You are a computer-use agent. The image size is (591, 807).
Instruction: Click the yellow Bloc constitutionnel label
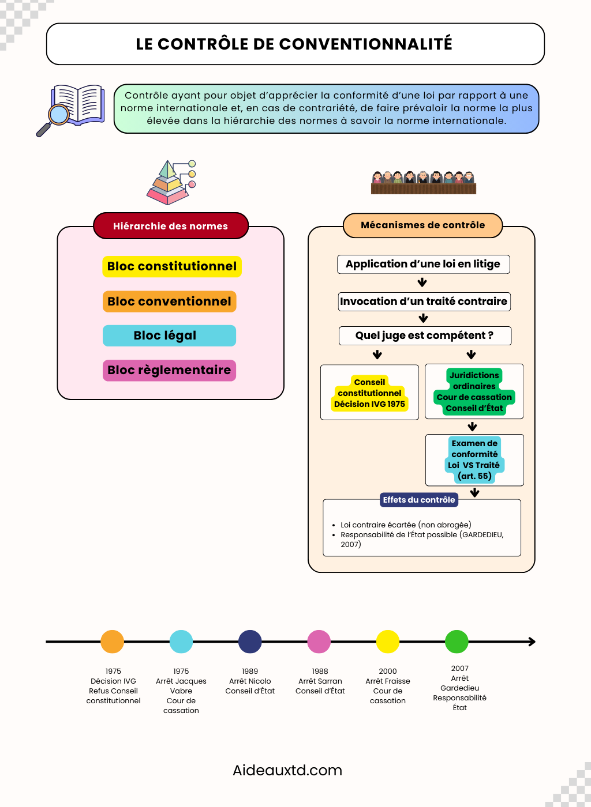coord(172,266)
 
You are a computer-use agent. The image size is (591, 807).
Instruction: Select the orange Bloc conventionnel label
coord(169,301)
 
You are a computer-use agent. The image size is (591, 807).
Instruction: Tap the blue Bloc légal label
coord(169,335)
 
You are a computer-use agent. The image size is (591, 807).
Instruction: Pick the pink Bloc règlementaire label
coord(169,370)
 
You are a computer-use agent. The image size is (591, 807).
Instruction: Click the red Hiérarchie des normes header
coord(170,226)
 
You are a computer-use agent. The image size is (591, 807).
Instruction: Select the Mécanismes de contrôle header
coord(422,225)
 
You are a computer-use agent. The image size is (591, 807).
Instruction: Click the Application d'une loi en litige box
coord(423,264)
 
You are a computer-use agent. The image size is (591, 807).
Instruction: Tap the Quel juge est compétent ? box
coord(425,335)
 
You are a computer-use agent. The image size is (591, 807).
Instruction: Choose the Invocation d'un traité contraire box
coord(424,301)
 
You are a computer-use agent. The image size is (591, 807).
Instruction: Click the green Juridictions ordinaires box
coord(474,391)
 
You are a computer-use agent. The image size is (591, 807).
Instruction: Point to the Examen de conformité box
coord(474,460)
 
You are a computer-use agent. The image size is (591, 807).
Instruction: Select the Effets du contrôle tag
coord(418,500)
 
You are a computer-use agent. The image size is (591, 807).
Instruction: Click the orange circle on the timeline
coord(112,642)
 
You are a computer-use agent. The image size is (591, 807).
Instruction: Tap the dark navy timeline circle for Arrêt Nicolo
coord(250,642)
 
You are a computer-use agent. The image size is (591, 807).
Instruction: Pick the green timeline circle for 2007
coord(457,642)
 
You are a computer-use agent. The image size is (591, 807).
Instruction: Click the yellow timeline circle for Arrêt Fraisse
coord(388,642)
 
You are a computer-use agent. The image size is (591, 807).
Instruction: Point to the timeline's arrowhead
coord(532,642)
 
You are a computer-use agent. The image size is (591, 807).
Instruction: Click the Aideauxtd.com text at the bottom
coord(287,770)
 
